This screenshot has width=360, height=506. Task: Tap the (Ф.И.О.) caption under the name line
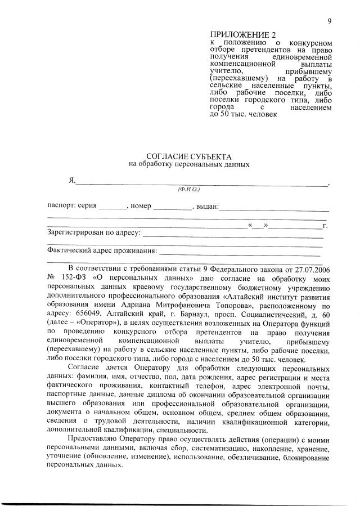(x=192, y=189)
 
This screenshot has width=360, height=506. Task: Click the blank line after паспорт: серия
(x=114, y=207)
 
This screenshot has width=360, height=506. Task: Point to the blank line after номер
(x=172, y=207)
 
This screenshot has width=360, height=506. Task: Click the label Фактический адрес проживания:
(x=101, y=250)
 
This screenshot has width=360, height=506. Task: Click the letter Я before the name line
(x=71, y=180)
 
